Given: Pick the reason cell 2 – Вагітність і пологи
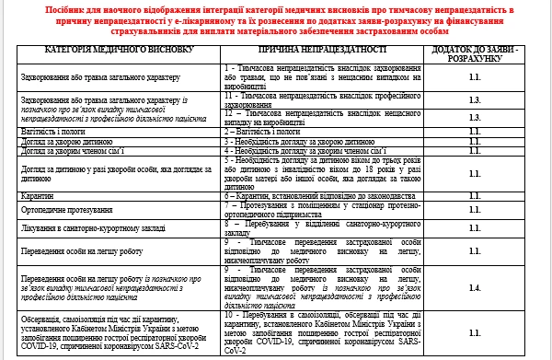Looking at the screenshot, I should tap(266, 133).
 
